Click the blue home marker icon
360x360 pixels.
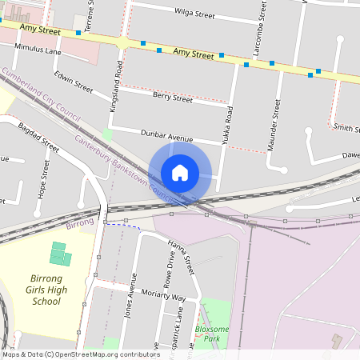click(x=180, y=173)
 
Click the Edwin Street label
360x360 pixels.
click(x=74, y=82)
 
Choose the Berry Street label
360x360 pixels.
click(x=172, y=98)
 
